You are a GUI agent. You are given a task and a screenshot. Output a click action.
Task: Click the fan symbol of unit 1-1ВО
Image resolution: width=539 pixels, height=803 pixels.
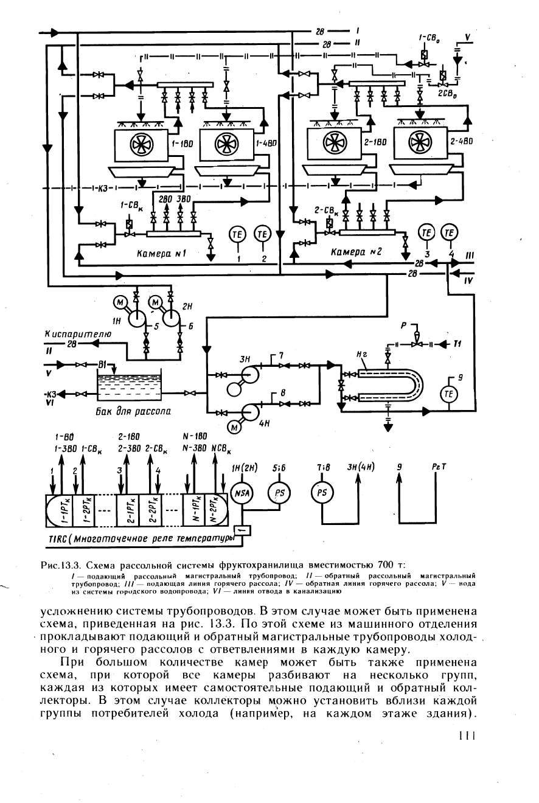coord(141,144)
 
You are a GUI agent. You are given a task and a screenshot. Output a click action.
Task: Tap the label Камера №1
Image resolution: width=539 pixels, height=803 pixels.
coord(161,254)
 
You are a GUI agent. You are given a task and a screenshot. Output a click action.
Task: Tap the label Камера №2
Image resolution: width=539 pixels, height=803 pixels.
coord(355,252)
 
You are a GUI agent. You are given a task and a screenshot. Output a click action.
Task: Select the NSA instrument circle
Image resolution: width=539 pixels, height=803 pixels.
coord(243,493)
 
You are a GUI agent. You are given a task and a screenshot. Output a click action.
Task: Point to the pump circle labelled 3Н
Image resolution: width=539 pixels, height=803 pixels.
coord(250,375)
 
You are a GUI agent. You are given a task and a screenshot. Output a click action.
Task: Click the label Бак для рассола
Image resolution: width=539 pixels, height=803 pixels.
coord(133,411)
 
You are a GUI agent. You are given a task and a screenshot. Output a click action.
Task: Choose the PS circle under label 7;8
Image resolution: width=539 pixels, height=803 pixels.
coord(322,493)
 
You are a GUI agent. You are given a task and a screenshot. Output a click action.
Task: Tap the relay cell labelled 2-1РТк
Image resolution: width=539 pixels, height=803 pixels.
coord(128,510)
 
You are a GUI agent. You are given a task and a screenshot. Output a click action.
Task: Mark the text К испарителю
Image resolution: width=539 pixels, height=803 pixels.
coord(78,334)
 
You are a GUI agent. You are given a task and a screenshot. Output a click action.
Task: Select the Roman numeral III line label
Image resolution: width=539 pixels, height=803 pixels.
coord(470,255)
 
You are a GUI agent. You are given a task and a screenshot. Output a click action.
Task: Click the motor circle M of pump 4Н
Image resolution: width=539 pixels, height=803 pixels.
coord(235,427)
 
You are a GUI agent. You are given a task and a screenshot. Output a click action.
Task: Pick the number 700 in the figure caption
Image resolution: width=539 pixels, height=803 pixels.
coord(385,566)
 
